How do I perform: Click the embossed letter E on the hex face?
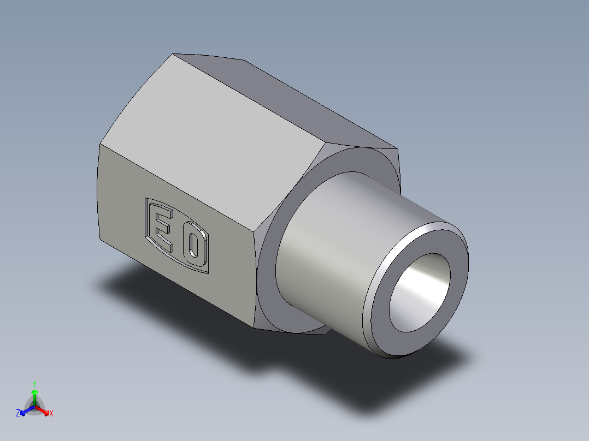[x=162, y=228]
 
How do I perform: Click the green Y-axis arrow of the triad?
[x=34, y=394]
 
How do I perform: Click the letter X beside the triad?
[x=51, y=414]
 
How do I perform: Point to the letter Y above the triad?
[x=34, y=384]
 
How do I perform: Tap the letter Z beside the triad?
[x=18, y=414]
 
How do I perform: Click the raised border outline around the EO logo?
[x=146, y=218]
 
